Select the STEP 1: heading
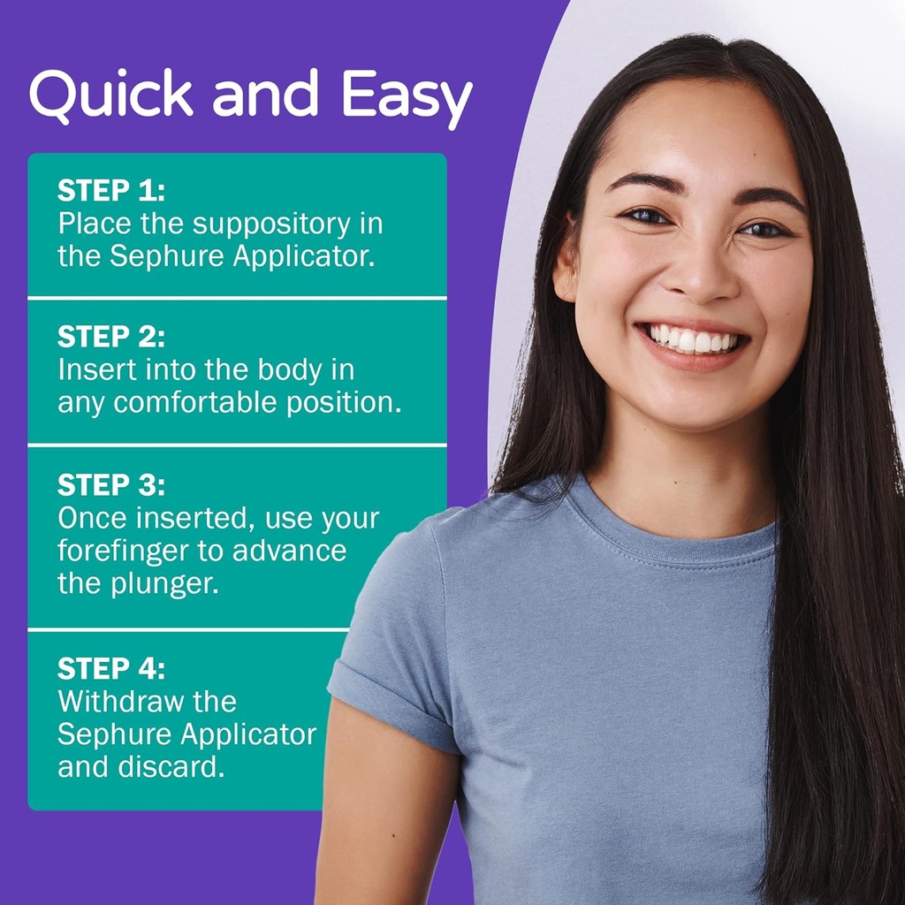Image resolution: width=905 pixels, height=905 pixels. click(x=111, y=191)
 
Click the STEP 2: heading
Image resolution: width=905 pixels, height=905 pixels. click(x=111, y=337)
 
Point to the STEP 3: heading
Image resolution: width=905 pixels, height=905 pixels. click(x=111, y=485)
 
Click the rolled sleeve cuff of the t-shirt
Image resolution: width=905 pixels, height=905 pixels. click(x=389, y=707)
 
